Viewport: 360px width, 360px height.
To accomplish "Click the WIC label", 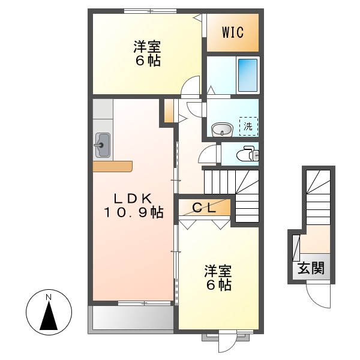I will click(233, 33).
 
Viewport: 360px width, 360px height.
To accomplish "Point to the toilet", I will click(246, 155).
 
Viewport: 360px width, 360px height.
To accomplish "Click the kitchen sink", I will click(103, 144).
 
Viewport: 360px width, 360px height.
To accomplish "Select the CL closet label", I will click(204, 208).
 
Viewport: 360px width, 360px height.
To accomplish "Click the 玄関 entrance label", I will click(312, 268).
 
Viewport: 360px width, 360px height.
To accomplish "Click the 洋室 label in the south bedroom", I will click(217, 271).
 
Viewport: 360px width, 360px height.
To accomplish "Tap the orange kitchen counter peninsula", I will click(112, 166).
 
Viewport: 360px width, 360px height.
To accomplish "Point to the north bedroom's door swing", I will click(190, 88).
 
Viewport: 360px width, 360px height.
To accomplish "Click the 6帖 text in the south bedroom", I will click(217, 286).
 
